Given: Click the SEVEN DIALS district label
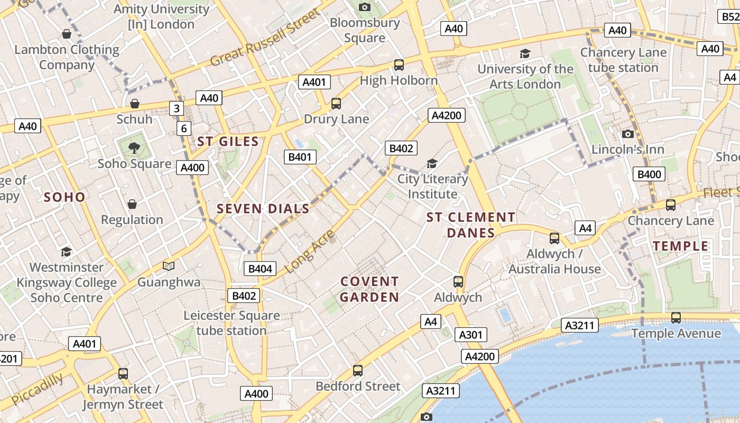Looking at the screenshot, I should [x=263, y=208].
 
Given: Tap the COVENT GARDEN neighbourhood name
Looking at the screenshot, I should [x=369, y=289].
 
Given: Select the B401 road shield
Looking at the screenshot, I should [x=300, y=157].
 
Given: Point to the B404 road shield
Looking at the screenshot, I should [x=260, y=269].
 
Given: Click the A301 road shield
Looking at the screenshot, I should [x=470, y=335].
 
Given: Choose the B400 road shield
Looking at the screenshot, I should [x=649, y=174].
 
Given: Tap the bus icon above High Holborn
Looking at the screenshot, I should [x=399, y=65].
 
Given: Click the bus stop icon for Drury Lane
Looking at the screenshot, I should [x=336, y=104].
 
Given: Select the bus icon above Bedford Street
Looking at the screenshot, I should [x=358, y=371].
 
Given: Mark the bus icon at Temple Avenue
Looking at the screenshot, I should [x=676, y=318].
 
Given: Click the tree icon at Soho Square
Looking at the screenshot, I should [x=134, y=148].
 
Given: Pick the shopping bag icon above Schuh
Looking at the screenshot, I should [x=135, y=104].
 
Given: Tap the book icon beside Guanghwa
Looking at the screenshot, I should [x=169, y=266].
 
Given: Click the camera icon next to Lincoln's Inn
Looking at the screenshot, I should [x=628, y=134].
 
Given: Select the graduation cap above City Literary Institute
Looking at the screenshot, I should [x=432, y=163].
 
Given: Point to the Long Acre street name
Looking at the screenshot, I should [x=310, y=252].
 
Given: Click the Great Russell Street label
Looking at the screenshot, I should [x=265, y=38].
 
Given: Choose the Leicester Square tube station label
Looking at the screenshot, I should [x=232, y=323].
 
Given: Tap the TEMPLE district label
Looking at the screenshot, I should [x=681, y=246].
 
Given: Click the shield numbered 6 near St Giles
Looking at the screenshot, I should [x=184, y=128].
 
